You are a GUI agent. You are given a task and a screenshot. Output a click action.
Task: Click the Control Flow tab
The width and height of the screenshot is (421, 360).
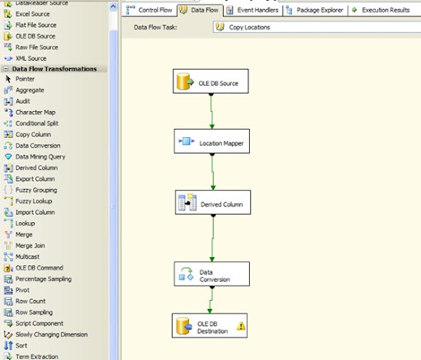[x=149, y=10]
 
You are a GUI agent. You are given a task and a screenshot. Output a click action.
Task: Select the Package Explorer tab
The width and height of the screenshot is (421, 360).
[x=315, y=10]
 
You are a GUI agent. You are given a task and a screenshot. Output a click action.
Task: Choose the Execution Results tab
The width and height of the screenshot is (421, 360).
[x=382, y=10]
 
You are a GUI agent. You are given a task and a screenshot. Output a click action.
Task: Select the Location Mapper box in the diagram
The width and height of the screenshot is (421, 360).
[x=212, y=141]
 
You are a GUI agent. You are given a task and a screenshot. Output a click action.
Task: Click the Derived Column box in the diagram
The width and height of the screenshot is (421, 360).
[x=213, y=202]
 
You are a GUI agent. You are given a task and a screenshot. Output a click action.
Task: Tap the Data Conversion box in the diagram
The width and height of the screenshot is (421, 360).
[x=212, y=274]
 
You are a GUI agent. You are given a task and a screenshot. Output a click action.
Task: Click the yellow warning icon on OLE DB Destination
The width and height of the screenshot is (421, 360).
[x=241, y=325]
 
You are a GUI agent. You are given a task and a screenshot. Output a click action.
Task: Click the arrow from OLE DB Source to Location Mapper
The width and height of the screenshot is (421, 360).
[x=211, y=111]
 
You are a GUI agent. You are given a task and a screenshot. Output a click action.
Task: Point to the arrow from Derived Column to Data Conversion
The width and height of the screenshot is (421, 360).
[x=213, y=238]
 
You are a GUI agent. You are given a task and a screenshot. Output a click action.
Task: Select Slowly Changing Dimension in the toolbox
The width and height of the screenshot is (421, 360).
[x=46, y=335]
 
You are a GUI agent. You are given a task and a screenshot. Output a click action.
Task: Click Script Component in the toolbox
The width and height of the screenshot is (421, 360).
[x=34, y=323]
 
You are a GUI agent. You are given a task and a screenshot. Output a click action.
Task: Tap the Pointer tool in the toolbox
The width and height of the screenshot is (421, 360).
[x=20, y=79]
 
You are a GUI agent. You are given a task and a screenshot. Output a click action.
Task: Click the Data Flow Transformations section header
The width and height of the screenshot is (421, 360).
[x=54, y=69]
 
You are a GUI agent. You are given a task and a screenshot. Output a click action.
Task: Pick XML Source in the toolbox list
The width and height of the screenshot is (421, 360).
[x=25, y=58]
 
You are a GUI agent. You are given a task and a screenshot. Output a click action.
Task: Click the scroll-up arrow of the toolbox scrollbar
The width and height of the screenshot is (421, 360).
[x=113, y=7]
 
